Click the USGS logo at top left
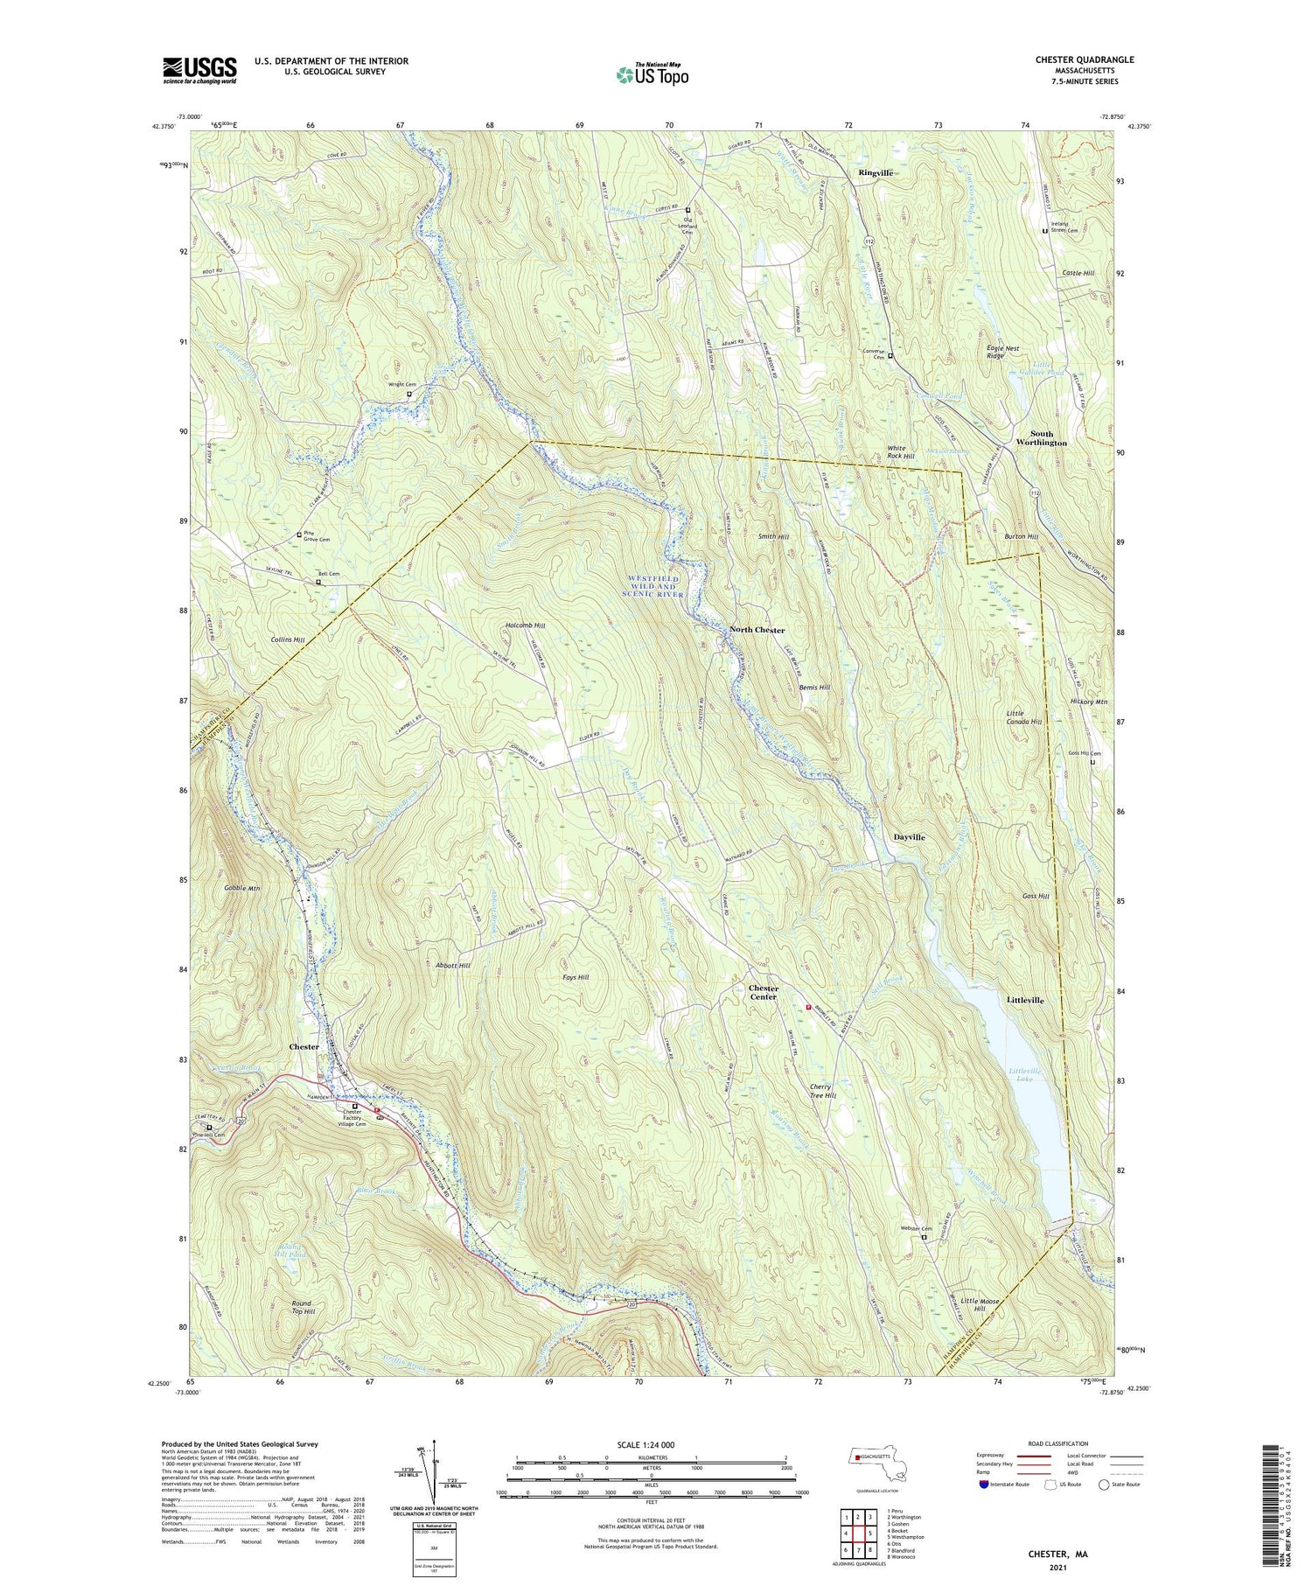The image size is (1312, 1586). point(199,70)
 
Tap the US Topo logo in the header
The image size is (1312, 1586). point(652,74)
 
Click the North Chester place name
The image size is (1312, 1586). point(757,630)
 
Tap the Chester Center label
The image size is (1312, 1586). point(763,992)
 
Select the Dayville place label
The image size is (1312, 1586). point(909,837)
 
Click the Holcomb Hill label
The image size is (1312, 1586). point(525,625)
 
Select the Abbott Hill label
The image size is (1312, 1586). point(452,965)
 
